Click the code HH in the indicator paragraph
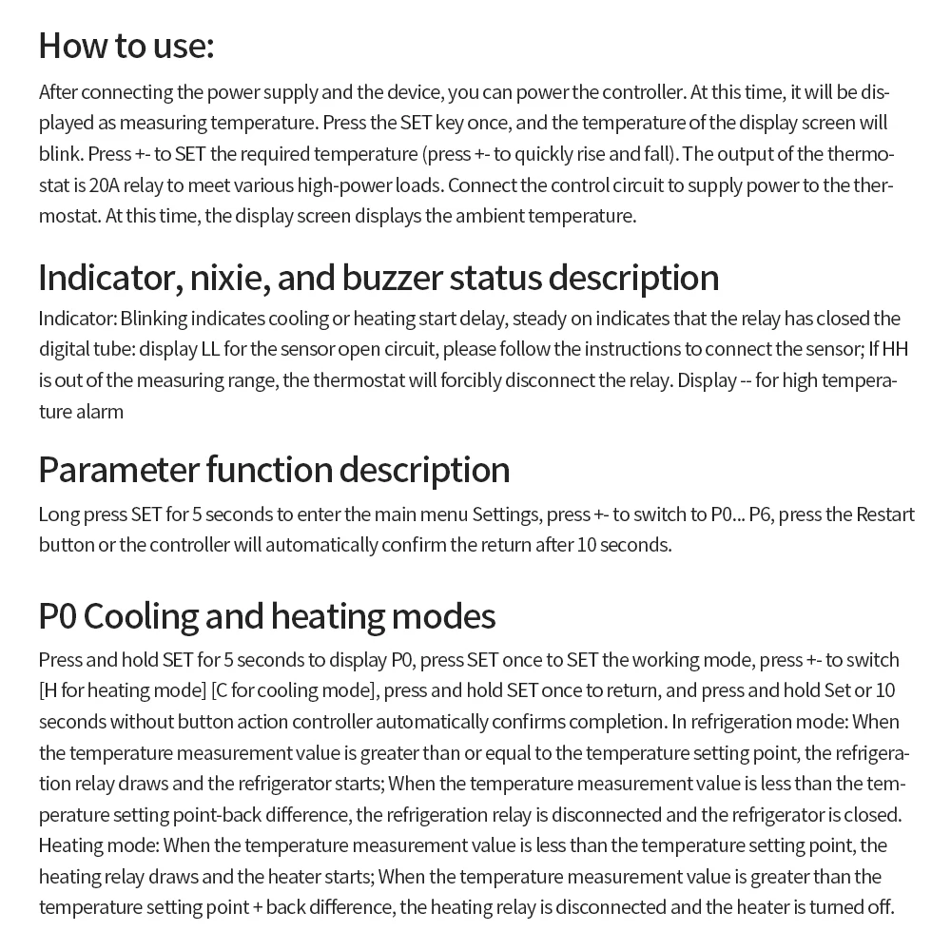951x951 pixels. (x=895, y=349)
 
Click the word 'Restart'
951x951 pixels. (x=885, y=514)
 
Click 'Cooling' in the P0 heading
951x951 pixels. (x=142, y=616)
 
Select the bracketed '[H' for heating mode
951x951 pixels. (x=50, y=690)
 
